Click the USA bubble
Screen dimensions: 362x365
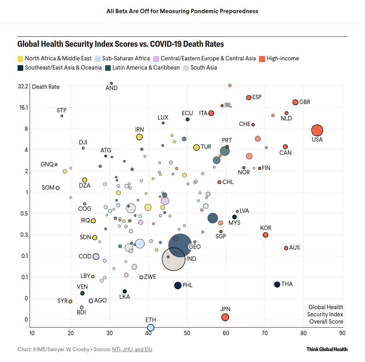click(317, 130)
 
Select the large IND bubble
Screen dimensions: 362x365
click(174, 259)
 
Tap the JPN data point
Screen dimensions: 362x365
click(225, 317)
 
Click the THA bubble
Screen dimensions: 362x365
click(277, 284)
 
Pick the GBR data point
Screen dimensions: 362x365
click(295, 102)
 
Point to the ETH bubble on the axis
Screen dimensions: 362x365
click(151, 328)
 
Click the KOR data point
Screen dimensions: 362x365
click(265, 235)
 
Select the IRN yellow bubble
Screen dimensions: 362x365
click(139, 137)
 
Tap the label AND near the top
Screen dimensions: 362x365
click(112, 88)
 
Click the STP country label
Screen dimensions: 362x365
click(62, 110)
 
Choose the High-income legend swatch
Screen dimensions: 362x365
click(262, 59)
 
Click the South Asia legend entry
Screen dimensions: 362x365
click(203, 68)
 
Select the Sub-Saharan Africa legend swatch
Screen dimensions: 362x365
click(98, 59)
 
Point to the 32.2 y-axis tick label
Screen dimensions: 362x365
click(23, 86)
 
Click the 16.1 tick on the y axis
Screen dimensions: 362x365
click(23, 108)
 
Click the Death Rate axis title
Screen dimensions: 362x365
click(46, 87)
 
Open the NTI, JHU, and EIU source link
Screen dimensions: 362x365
click(132, 349)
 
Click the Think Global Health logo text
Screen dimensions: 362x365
click(327, 349)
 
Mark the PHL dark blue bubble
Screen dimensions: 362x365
click(178, 286)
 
